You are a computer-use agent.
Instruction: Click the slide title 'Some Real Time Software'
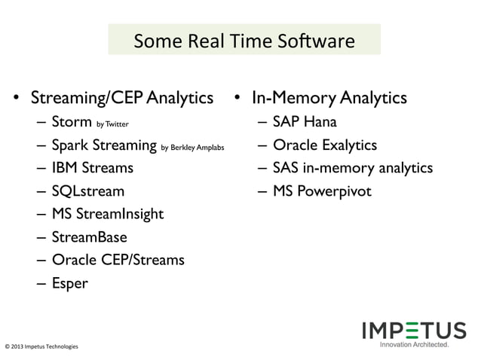coord(244,40)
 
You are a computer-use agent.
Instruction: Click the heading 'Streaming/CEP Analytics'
coord(121,98)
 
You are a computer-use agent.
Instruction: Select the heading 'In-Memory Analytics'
coord(329,98)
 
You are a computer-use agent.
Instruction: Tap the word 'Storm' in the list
coord(72,121)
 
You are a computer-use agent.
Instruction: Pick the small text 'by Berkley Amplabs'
coord(192,147)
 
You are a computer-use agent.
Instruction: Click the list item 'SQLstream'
coord(87,191)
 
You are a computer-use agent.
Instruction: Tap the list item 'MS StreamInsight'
coord(107,214)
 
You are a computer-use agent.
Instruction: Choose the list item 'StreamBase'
coord(89,237)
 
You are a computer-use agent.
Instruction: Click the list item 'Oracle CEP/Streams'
coord(118,260)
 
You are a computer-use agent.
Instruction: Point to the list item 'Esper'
coord(69,283)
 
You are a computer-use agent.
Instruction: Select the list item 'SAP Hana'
coord(305,121)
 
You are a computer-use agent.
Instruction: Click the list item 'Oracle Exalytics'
coord(324,145)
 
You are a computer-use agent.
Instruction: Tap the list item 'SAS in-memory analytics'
coord(352,167)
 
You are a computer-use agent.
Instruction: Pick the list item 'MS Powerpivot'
coord(322,191)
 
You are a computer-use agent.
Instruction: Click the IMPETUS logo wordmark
coord(413,330)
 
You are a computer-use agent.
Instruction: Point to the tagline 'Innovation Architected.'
coord(414,345)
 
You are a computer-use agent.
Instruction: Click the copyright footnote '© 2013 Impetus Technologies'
coord(41,347)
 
